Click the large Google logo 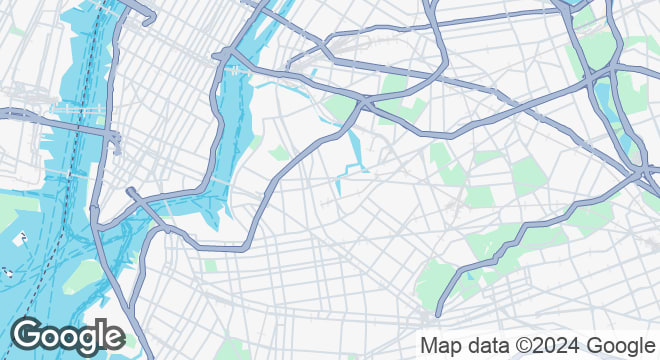67,335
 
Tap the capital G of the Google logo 28,335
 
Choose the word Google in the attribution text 620,346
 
